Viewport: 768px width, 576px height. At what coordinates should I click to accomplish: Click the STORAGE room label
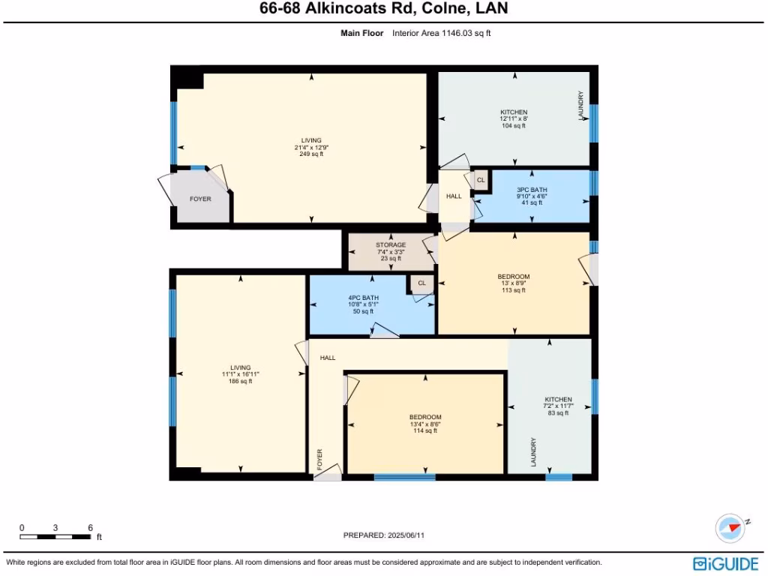(391, 244)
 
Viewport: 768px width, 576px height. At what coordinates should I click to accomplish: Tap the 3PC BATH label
(532, 189)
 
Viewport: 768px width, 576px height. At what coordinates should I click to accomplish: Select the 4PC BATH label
(365, 298)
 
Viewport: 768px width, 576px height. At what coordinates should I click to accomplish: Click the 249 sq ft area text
(311, 154)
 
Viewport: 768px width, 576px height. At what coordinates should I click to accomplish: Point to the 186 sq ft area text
(241, 381)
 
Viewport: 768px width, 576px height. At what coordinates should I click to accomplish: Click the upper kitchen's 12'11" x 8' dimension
(514, 118)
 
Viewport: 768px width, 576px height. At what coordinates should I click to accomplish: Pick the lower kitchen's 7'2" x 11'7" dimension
(558, 406)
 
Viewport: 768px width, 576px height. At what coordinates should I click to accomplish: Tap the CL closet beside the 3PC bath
(481, 180)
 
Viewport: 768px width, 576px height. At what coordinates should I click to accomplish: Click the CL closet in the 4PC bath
(421, 283)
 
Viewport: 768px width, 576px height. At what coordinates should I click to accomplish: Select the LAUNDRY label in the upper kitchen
(580, 106)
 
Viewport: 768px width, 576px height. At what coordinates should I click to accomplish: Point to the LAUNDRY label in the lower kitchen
(533, 452)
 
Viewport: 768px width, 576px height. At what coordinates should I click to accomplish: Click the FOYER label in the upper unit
(199, 199)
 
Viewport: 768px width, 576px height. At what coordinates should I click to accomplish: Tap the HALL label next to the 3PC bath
(454, 196)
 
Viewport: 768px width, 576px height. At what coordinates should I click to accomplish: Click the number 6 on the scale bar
(90, 528)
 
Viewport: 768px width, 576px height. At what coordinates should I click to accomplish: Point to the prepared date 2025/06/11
(407, 535)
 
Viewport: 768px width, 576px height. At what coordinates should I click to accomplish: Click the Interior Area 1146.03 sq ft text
(441, 33)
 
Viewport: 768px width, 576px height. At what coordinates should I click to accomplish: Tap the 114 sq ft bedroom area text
(424, 430)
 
